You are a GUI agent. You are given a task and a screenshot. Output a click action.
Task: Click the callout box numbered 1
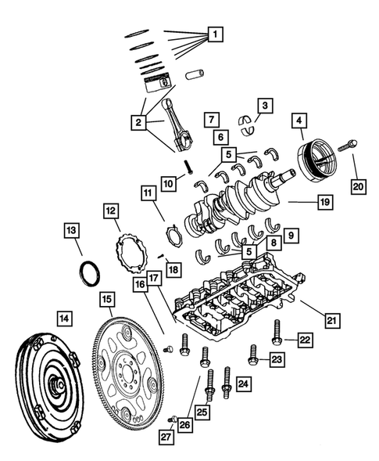(214, 34)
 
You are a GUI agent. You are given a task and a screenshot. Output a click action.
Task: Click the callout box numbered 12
(110, 211)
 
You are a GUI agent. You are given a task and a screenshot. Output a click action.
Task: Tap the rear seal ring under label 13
(91, 274)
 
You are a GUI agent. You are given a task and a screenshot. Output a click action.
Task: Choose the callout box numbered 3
(266, 104)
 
